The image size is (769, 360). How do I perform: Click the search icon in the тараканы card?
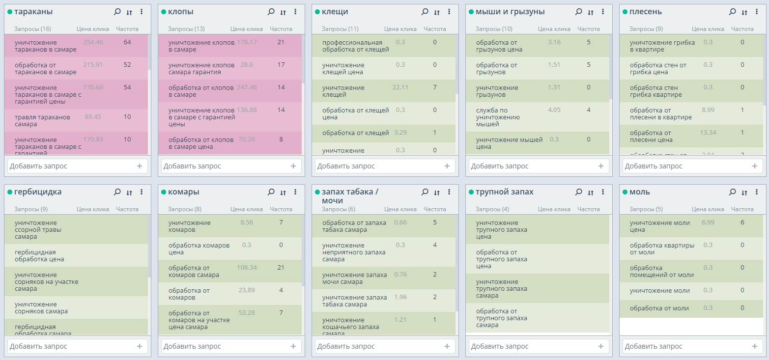tap(117, 12)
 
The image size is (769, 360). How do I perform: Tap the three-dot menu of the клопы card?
tap(295, 12)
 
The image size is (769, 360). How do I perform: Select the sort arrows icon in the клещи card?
tap(437, 12)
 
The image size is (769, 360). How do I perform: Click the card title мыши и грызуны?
tap(510, 12)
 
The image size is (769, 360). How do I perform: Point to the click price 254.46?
tap(93, 42)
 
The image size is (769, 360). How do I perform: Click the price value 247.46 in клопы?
tap(247, 87)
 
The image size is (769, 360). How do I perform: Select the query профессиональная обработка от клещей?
tap(355, 46)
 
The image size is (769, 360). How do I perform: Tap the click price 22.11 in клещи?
tap(400, 87)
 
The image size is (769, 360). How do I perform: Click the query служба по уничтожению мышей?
tap(496, 117)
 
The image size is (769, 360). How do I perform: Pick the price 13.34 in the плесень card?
tap(708, 133)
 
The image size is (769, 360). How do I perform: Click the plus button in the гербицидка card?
tap(140, 346)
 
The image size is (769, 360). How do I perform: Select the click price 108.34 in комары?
tap(247, 268)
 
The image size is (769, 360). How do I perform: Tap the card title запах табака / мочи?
tap(350, 196)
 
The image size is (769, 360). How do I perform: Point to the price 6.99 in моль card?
tap(708, 222)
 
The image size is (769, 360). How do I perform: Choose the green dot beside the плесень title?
tap(625, 12)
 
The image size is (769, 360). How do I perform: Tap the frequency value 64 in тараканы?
tap(127, 42)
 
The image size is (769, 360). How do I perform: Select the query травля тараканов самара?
tap(42, 121)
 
